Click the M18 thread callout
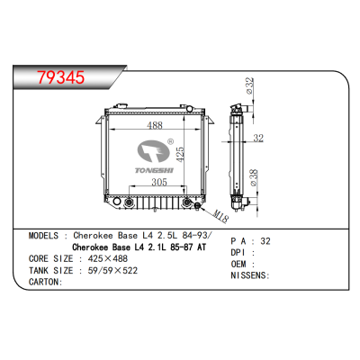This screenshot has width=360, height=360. pos(220,212)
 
